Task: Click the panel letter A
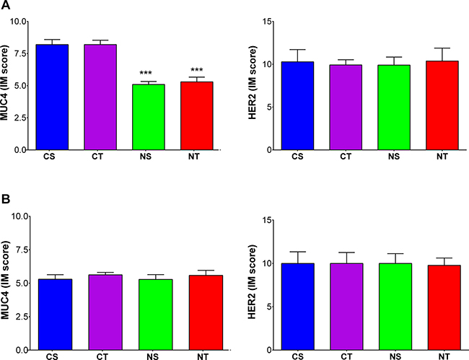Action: [x=5, y=5]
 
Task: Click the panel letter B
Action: [x=6, y=199]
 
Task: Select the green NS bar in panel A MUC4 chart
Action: [x=149, y=117]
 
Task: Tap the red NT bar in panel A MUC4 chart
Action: [x=196, y=115]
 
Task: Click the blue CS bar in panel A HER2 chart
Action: [x=297, y=105]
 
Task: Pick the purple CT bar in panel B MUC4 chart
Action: [x=105, y=312]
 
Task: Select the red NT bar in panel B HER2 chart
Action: [x=444, y=307]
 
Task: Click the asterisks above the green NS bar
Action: [x=146, y=73]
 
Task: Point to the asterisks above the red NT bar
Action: [x=196, y=70]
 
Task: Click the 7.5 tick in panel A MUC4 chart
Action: [x=17, y=53]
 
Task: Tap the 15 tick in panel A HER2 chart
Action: [x=267, y=22]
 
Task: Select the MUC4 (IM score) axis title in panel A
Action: [x=4, y=82]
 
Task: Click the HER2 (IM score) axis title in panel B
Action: [x=252, y=282]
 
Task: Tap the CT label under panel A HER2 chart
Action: [x=346, y=157]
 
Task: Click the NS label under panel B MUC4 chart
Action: [x=152, y=356]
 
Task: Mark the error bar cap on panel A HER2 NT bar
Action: [x=442, y=48]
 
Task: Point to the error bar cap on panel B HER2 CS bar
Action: [x=297, y=252]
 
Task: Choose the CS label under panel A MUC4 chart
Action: [x=49, y=157]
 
